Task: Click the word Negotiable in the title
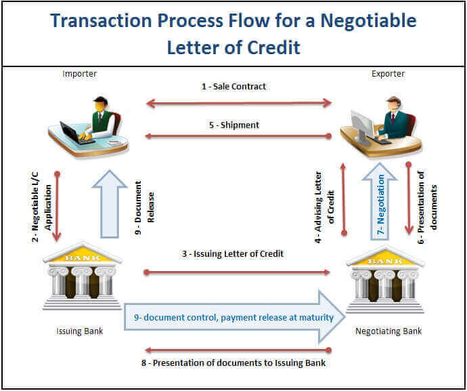pyautogui.click(x=368, y=21)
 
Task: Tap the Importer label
pyautogui.click(x=79, y=74)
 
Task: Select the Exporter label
pyautogui.click(x=388, y=74)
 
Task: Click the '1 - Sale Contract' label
pyautogui.click(x=234, y=87)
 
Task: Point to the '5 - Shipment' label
pyautogui.click(x=234, y=125)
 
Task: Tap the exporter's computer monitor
pyautogui.click(x=362, y=125)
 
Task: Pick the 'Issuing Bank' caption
pyautogui.click(x=79, y=331)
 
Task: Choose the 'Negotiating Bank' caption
pyautogui.click(x=388, y=331)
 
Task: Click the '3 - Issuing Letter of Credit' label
pyautogui.click(x=233, y=254)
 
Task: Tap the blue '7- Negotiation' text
pyautogui.click(x=380, y=205)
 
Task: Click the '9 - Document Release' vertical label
pyautogui.click(x=144, y=207)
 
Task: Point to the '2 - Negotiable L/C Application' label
pyautogui.click(x=41, y=207)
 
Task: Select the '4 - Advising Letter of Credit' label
pyautogui.click(x=325, y=207)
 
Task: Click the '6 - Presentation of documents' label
pyautogui.click(x=427, y=207)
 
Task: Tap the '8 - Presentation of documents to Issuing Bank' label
pyautogui.click(x=234, y=363)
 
